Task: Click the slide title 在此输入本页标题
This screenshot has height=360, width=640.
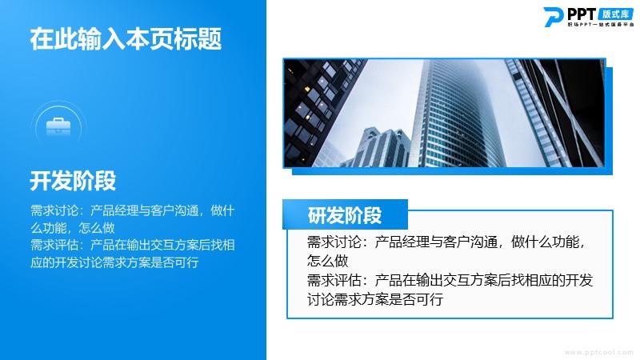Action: click(x=126, y=38)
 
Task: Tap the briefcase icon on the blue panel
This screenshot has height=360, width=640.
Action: click(x=58, y=126)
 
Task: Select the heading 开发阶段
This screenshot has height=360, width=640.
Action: click(x=73, y=181)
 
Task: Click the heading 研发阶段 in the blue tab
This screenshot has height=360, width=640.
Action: click(x=345, y=215)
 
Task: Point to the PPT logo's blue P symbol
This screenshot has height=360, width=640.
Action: click(x=554, y=17)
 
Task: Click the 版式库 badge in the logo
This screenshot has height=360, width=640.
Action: click(x=616, y=14)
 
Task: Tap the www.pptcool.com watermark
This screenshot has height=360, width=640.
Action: click(x=598, y=352)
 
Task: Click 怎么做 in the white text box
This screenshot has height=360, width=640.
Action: click(x=327, y=261)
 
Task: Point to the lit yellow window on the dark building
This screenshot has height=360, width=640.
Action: click(x=306, y=89)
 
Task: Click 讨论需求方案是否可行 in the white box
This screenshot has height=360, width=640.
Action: click(x=375, y=299)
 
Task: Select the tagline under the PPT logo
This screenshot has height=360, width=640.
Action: click(x=601, y=25)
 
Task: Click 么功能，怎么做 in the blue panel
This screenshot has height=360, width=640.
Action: click(x=73, y=228)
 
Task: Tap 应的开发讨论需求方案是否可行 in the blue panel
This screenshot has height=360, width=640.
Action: click(x=114, y=262)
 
